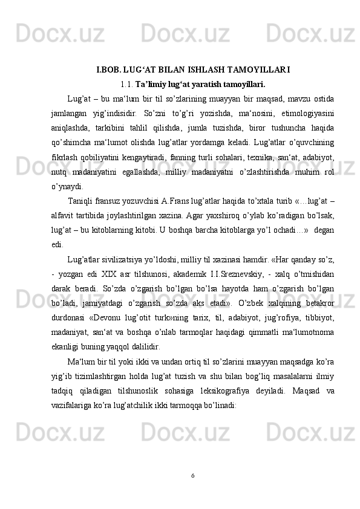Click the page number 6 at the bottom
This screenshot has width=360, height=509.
click(x=192, y=475)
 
